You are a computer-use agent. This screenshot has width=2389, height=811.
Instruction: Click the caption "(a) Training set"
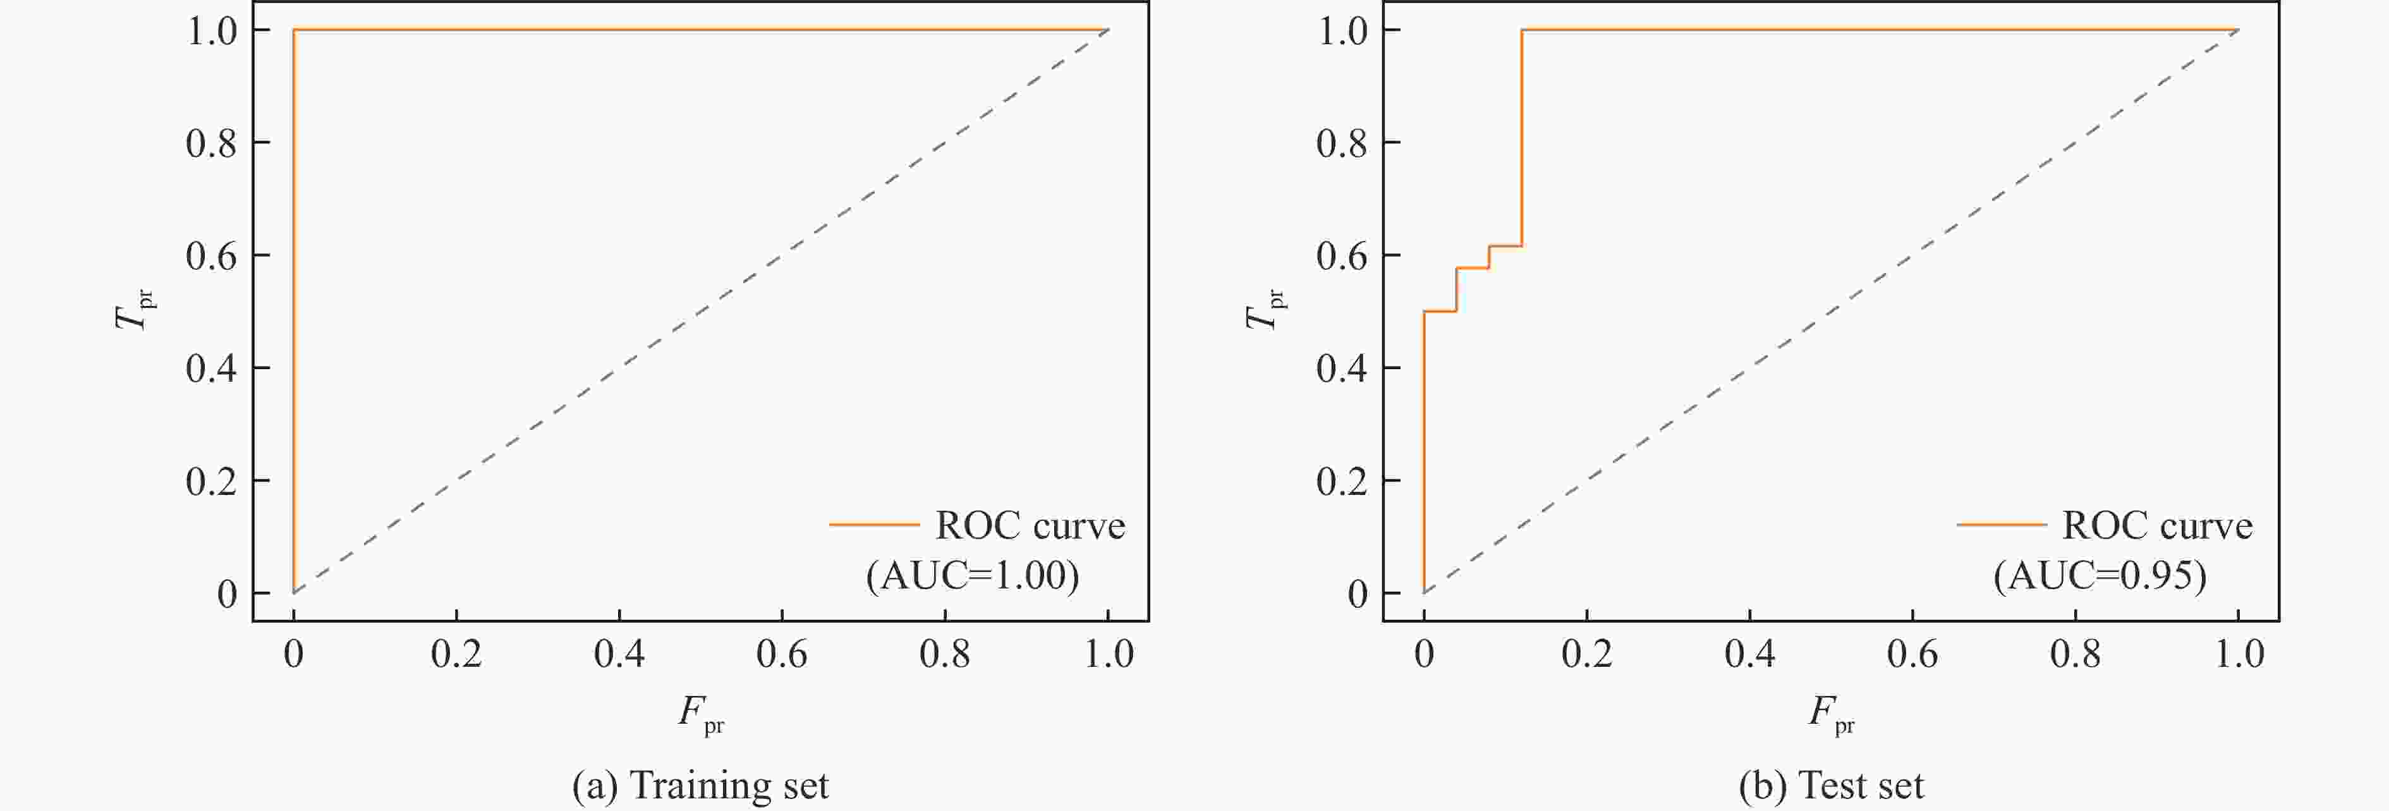click(x=700, y=785)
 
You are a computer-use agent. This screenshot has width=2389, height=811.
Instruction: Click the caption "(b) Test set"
click(x=1831, y=785)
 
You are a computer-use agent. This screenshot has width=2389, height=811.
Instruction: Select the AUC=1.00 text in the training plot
click(x=973, y=575)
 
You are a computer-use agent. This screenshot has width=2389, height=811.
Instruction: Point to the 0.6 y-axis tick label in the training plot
click(x=212, y=255)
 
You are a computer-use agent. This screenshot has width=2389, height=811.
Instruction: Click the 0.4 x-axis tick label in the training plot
click(x=619, y=654)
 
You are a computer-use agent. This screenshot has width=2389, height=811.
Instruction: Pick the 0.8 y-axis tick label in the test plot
click(x=1342, y=143)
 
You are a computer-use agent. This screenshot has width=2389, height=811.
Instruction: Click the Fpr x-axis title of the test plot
click(x=1831, y=714)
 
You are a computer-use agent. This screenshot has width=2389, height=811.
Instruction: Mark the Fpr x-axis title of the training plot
click(x=700, y=714)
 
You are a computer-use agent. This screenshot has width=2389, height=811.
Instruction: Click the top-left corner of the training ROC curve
click(x=294, y=30)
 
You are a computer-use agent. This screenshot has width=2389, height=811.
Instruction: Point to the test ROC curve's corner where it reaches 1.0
click(x=1522, y=30)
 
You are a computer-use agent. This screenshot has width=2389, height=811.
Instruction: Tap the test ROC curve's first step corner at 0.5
click(x=1423, y=312)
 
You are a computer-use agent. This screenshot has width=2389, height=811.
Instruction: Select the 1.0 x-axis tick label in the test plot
click(x=2239, y=654)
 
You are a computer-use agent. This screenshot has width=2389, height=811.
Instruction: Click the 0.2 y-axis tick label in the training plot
click(x=212, y=480)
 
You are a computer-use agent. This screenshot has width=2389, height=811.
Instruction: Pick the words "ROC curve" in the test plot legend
click(x=2157, y=525)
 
